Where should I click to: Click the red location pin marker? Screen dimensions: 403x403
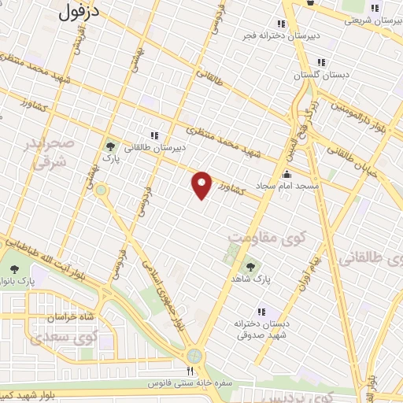point(202,183)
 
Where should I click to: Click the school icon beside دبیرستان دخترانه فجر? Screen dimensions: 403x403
point(281,23)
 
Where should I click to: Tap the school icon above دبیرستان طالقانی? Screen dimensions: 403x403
point(154,135)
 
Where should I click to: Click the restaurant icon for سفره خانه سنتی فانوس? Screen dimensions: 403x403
point(190,371)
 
